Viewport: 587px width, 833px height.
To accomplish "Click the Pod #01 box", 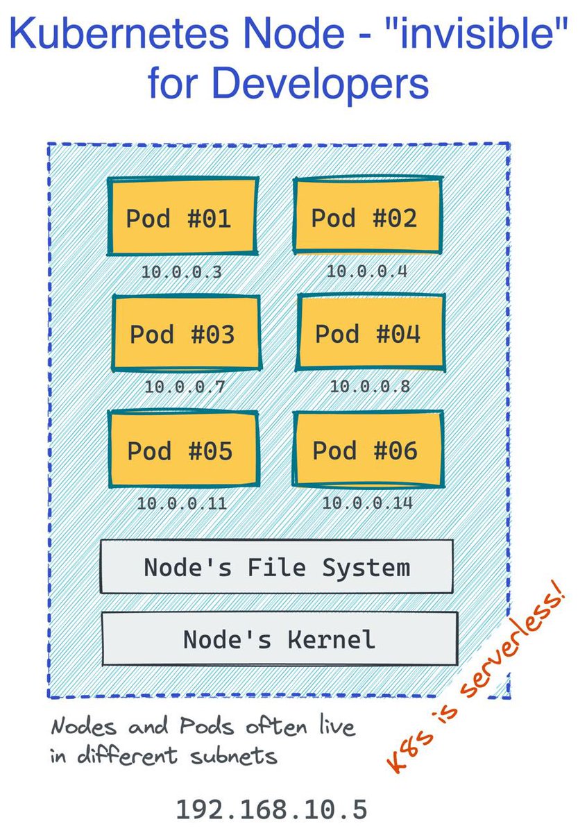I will coord(182,217).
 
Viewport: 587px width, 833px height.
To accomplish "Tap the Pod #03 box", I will coord(186,333).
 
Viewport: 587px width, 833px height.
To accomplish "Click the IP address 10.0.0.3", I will coord(182,272).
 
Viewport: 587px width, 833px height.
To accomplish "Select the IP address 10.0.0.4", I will coord(367,271).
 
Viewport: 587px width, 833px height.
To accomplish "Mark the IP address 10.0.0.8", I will coord(370,386).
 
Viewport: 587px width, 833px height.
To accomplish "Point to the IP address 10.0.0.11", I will coord(182,503).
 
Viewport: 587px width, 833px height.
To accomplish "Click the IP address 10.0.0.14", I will coord(368,502).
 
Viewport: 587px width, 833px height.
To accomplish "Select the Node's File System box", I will coord(277,567).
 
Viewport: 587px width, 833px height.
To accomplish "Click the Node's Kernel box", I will coord(279,639).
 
